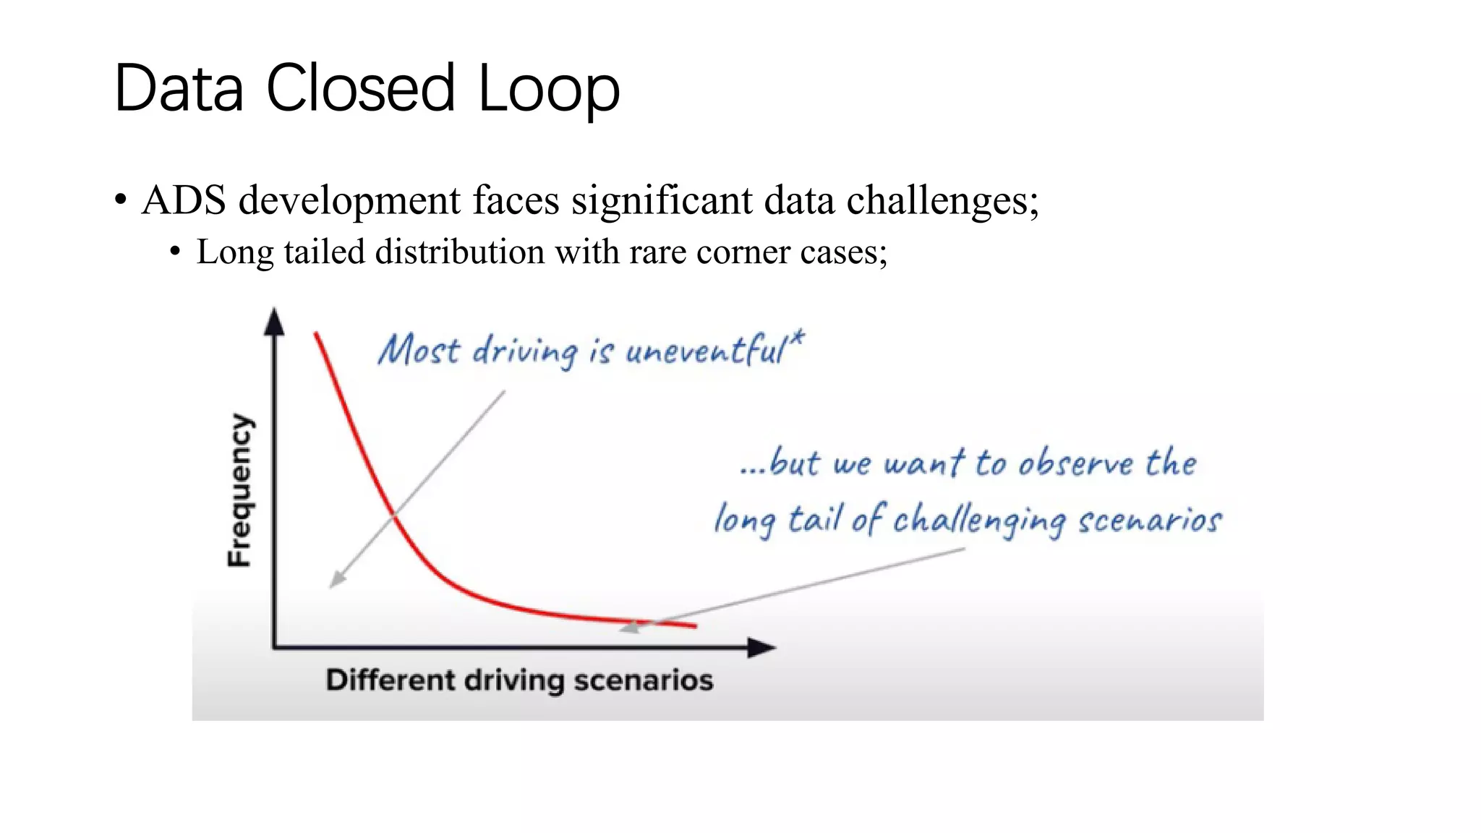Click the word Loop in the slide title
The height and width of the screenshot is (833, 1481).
tap(549, 88)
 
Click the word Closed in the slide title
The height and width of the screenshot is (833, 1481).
tap(360, 88)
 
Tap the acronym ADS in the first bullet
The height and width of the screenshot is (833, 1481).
tap(184, 200)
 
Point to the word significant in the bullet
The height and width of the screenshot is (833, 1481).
tap(662, 200)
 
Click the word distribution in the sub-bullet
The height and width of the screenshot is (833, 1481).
tap(460, 252)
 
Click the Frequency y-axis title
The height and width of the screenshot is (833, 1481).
tap(241, 490)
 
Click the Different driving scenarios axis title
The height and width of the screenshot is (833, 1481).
tap(519, 680)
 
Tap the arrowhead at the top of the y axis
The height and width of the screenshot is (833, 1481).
tap(274, 321)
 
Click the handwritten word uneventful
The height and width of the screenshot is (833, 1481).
tap(705, 351)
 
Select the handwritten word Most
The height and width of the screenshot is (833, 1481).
tap(419, 351)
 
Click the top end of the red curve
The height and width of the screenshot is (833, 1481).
tap(316, 334)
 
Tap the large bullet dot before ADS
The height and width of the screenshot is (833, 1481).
tap(121, 200)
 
